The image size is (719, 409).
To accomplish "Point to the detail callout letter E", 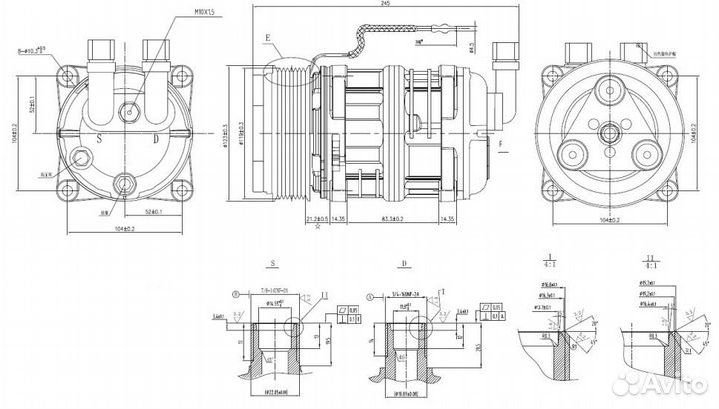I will tap(268, 37).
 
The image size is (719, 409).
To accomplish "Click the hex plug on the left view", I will tap(127, 114).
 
